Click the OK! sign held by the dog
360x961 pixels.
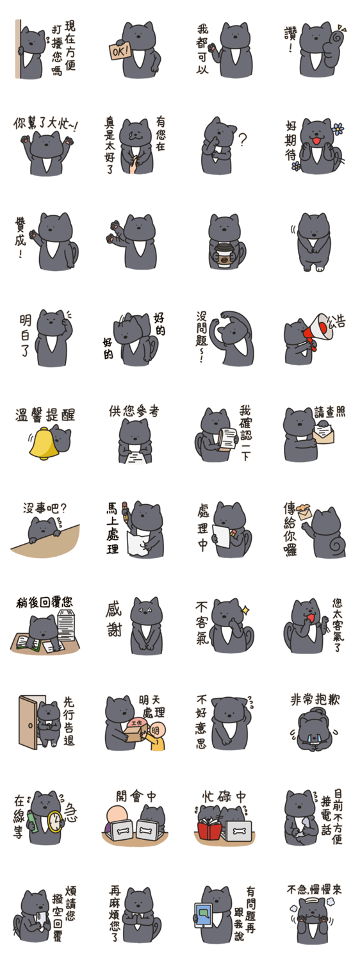(x=120, y=51)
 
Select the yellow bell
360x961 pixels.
(x=43, y=443)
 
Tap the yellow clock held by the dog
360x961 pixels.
(x=55, y=821)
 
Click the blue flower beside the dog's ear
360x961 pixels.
(x=338, y=128)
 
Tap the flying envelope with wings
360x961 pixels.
(x=306, y=511)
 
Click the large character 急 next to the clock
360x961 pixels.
(x=70, y=812)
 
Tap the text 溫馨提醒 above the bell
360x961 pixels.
(x=45, y=415)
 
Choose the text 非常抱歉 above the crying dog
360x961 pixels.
(x=315, y=700)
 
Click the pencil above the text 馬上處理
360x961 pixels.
(x=126, y=511)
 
